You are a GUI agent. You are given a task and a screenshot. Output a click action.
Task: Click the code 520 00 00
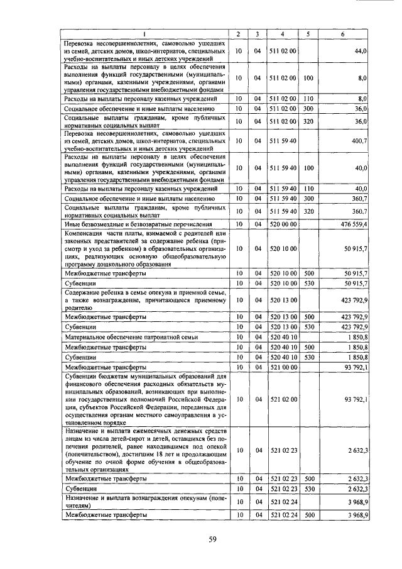[283, 223]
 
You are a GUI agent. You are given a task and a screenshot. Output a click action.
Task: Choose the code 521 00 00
[283, 366]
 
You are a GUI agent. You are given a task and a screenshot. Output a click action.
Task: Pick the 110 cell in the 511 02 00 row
[308, 99]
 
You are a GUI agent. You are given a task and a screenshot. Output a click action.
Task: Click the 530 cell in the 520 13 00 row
[308, 327]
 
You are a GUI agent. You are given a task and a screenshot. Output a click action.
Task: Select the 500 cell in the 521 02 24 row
[308, 514]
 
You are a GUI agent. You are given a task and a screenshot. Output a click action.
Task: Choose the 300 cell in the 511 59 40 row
[308, 198]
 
